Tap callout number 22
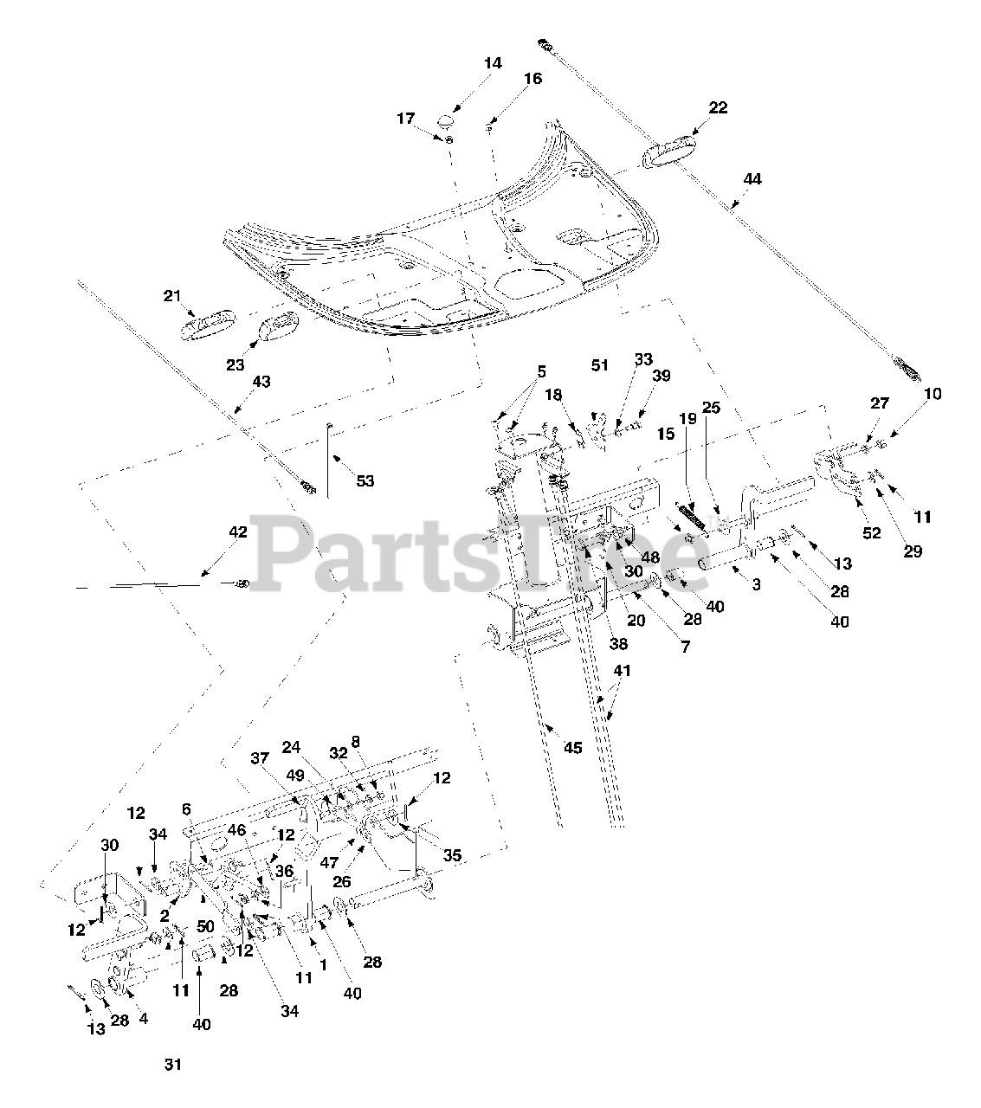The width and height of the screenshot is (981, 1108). click(x=718, y=107)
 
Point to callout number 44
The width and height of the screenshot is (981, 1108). click(x=752, y=179)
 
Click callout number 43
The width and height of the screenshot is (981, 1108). click(x=261, y=380)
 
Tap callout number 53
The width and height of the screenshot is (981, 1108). click(x=365, y=480)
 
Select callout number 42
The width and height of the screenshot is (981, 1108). click(x=237, y=531)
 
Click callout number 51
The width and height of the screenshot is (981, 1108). click(x=600, y=365)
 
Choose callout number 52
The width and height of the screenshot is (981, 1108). click(x=872, y=533)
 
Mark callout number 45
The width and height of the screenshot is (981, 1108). click(x=573, y=747)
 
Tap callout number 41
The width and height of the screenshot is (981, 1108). click(x=623, y=670)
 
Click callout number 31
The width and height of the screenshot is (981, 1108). click(x=173, y=1064)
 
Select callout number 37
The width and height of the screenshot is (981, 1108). click(x=261, y=759)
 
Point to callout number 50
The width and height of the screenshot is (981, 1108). click(x=205, y=926)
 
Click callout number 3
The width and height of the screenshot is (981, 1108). click(x=756, y=584)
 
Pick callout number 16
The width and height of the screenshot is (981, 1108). click(x=532, y=79)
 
